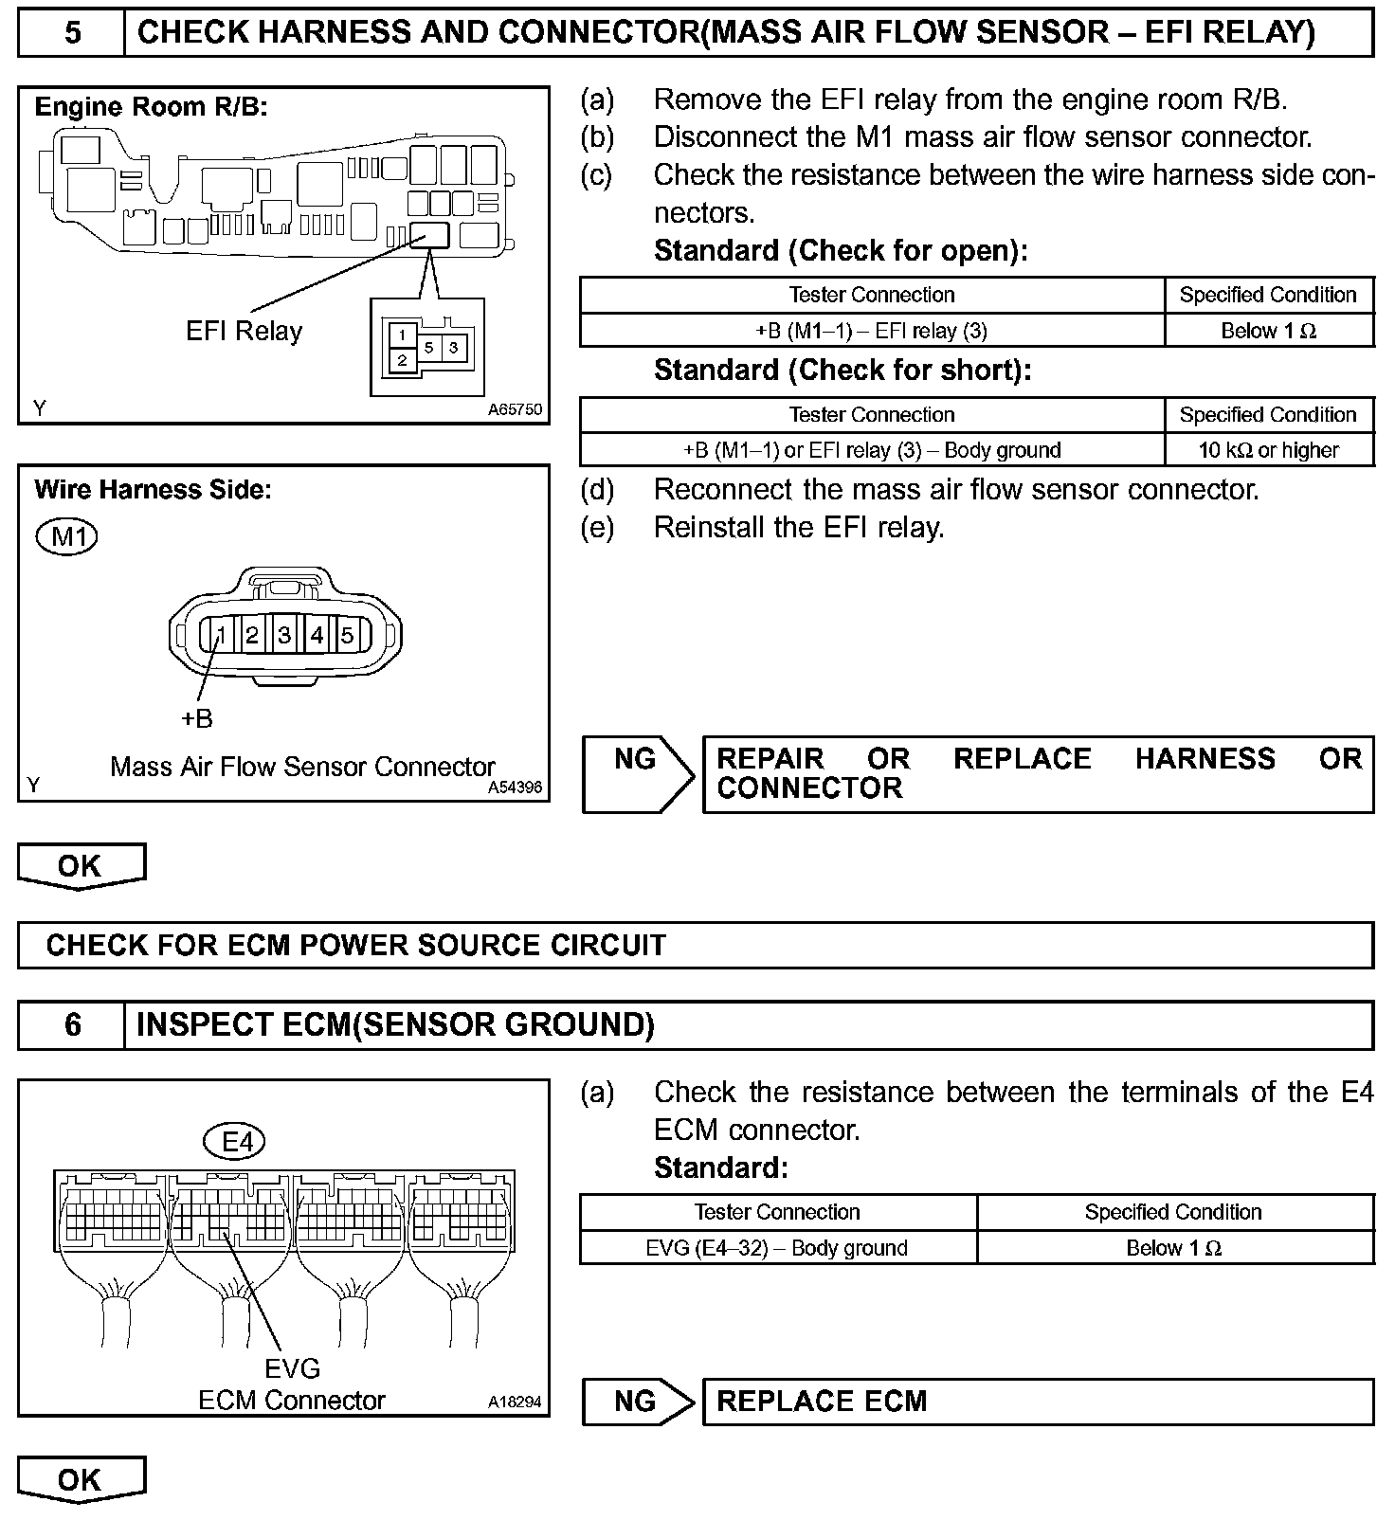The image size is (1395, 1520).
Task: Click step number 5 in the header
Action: [72, 33]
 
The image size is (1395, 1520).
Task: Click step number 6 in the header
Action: [72, 1025]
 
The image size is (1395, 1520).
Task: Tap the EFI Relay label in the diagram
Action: [244, 332]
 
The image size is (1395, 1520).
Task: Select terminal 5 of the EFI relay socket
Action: [428, 348]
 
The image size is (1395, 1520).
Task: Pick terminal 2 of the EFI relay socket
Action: [403, 360]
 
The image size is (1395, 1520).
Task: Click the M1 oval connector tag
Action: [67, 537]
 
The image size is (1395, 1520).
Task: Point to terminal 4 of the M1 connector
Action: [317, 635]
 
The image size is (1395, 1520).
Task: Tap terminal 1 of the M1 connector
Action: [220, 635]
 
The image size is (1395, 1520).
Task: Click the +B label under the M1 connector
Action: [196, 718]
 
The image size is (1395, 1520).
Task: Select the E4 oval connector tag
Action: [238, 1142]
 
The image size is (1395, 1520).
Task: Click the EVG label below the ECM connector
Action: [292, 1368]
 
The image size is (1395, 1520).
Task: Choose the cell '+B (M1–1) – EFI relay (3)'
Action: [872, 331]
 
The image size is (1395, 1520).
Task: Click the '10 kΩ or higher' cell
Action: [1268, 450]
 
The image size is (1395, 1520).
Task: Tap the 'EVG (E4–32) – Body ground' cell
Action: [777, 1248]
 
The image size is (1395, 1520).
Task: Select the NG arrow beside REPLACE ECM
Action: [638, 1402]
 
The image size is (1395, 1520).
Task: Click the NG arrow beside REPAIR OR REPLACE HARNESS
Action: [638, 774]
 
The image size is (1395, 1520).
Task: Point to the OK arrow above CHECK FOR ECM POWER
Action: [81, 866]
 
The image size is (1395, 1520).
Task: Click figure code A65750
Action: [515, 409]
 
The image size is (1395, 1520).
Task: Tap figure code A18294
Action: [515, 1402]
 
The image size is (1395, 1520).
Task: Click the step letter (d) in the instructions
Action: [597, 490]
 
